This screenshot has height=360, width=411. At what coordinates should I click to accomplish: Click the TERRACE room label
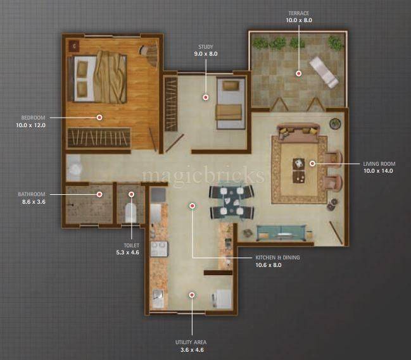point(298,13)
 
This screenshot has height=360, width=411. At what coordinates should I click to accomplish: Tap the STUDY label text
point(205,46)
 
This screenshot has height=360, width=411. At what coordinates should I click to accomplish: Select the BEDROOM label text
point(33,118)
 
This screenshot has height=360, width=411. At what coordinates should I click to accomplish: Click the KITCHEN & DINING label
point(277,258)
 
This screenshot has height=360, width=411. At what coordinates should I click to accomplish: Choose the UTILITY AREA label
point(191,342)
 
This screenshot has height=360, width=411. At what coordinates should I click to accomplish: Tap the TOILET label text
point(132,245)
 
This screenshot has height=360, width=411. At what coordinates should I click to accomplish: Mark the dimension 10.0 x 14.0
point(378,171)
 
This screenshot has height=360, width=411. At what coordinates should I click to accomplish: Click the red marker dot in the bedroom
point(99,117)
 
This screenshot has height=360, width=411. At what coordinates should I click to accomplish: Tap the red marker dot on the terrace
point(298,73)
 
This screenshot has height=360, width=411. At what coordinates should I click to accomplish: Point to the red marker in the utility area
point(191,294)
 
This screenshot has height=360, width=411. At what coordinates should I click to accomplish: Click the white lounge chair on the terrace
point(323,72)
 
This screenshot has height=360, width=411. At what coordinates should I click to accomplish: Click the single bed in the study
point(229,101)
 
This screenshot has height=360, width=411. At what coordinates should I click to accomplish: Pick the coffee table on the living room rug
point(298,168)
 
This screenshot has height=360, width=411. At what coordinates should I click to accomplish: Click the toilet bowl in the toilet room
point(132,212)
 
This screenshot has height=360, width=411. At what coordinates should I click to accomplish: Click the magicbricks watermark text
point(203,175)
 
